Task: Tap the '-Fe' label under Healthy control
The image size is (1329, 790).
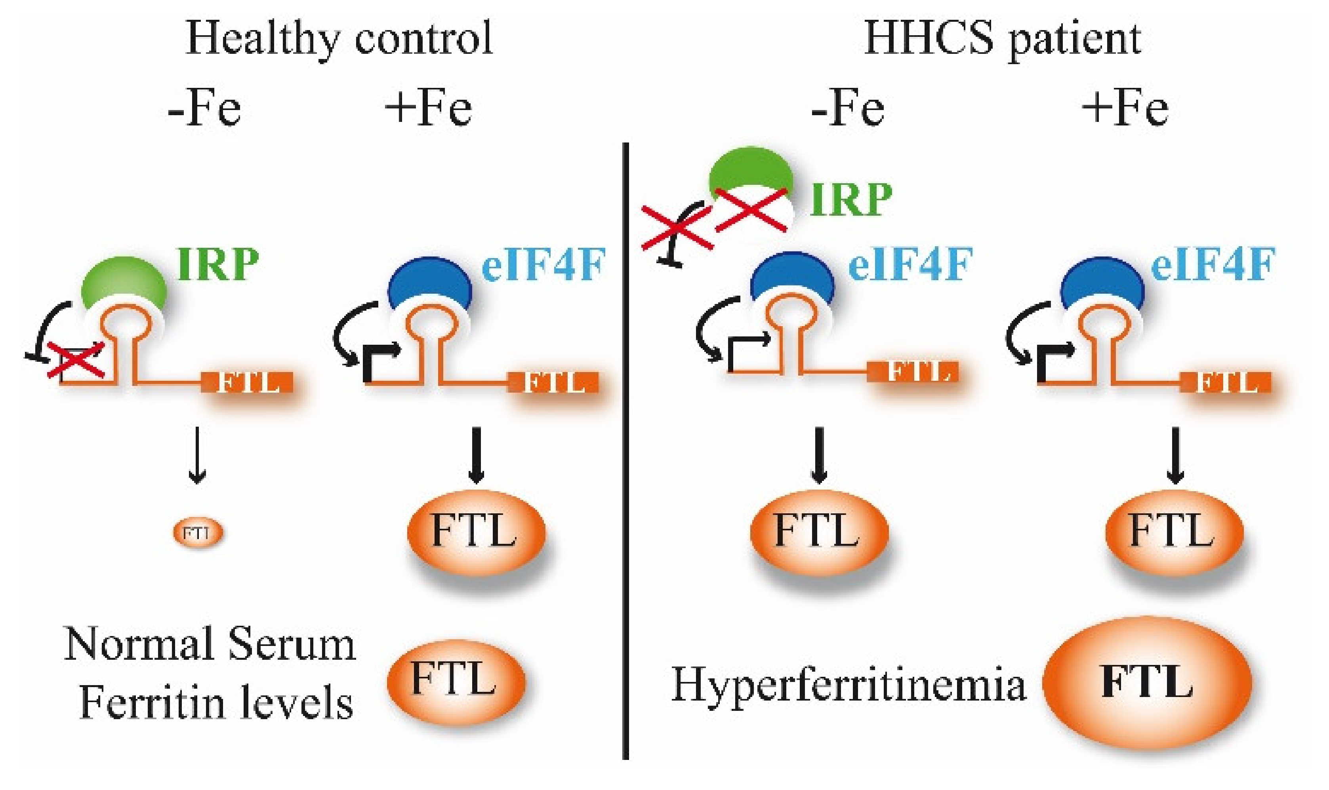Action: point(204,109)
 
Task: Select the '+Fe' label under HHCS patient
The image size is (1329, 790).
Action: point(1125,109)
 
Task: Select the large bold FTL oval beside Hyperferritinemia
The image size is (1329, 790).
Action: point(1146,683)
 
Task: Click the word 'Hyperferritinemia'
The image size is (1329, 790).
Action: point(848,684)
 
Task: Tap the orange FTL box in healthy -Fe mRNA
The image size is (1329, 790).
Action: point(248,383)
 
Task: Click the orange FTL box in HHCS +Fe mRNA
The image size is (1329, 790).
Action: point(1226,383)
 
